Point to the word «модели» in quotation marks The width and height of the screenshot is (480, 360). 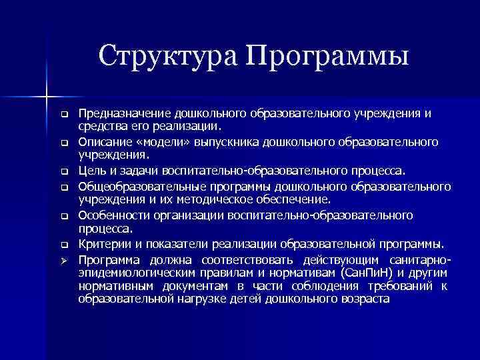(x=155, y=142)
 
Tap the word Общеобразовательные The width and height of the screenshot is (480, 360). (x=137, y=186)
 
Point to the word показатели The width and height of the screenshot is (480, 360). (x=164, y=243)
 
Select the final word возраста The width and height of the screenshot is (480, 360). (x=363, y=299)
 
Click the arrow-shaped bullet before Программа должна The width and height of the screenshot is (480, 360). (x=65, y=259)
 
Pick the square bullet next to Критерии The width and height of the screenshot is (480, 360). (x=65, y=244)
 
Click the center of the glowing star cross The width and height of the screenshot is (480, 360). (x=47, y=96)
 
